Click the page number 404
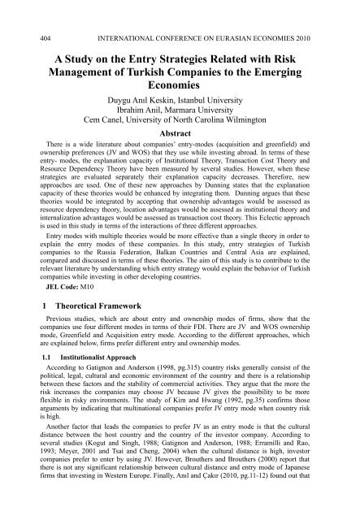(24, 12)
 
